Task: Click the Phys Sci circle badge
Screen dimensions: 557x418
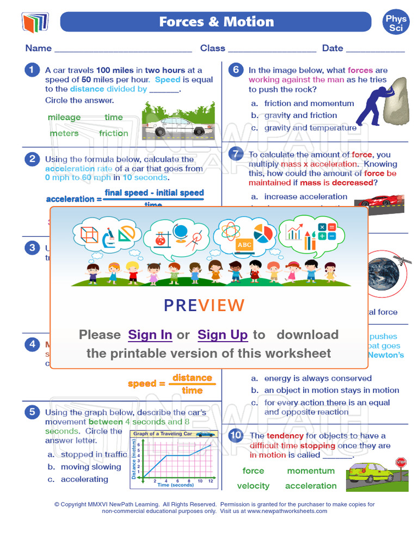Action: click(396, 23)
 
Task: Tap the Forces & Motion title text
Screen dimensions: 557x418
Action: click(216, 22)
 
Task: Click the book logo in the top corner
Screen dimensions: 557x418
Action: click(35, 22)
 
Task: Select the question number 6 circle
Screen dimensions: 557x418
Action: click(235, 70)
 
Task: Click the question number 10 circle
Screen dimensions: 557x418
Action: click(235, 436)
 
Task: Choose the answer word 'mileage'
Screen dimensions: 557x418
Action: click(64, 117)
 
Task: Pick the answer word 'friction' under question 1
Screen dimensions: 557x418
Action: click(113, 133)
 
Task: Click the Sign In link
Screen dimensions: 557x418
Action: click(150, 335)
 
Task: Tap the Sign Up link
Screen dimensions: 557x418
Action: click(223, 335)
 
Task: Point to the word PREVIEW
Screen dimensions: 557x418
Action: click(204, 306)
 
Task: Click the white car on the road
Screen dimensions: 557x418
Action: click(175, 126)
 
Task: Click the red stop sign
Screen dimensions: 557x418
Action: click(401, 463)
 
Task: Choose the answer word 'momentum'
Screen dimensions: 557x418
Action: click(311, 471)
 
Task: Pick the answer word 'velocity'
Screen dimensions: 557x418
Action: click(253, 486)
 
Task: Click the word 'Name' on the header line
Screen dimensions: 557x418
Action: click(39, 48)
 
